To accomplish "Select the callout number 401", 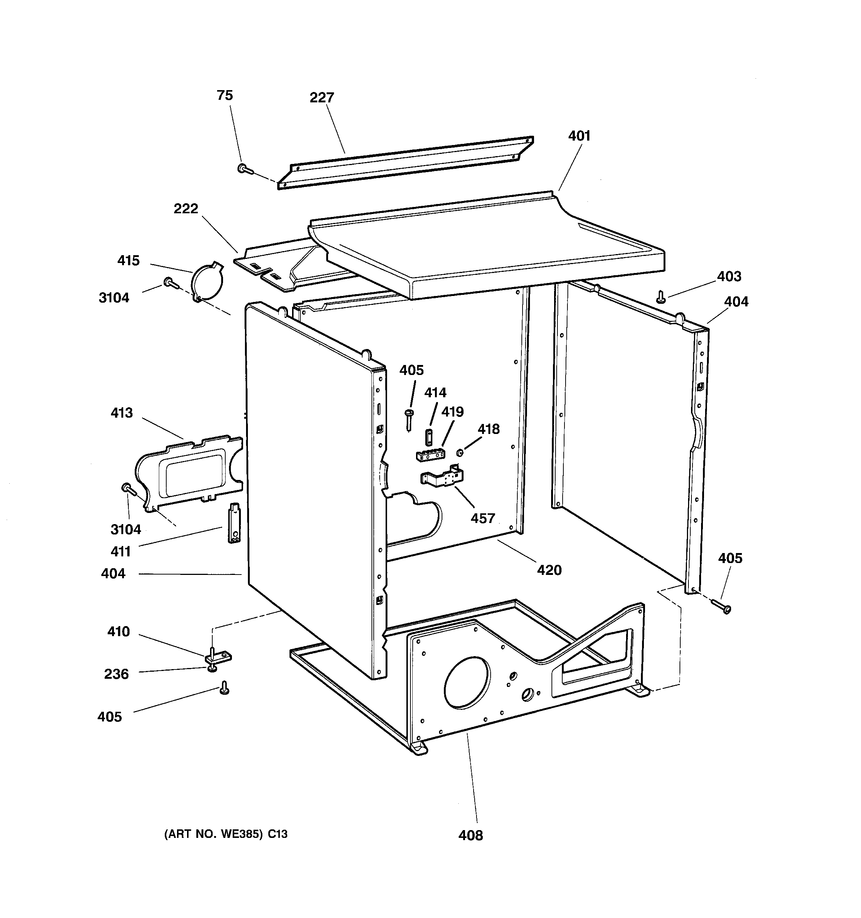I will [x=579, y=136].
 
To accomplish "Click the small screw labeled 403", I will [x=661, y=296].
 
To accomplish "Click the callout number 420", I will [x=549, y=570].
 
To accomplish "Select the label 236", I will [x=116, y=674].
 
